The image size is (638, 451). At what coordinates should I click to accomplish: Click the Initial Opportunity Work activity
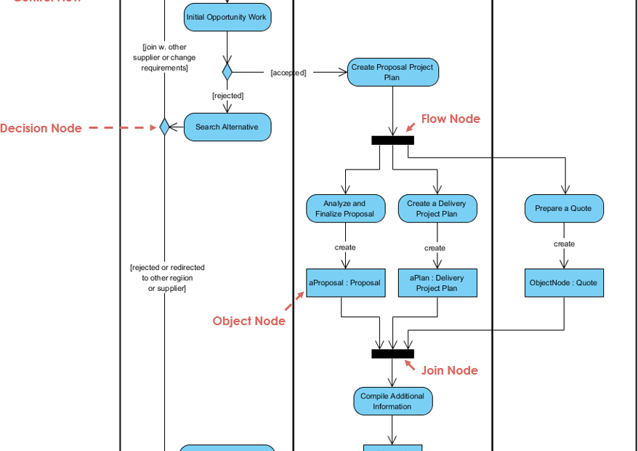227,17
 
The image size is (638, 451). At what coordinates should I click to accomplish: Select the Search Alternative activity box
227,127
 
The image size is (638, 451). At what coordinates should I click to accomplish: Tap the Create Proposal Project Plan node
392,72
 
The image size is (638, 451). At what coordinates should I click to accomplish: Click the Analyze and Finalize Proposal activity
345,209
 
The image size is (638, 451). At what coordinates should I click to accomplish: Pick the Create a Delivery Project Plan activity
437,209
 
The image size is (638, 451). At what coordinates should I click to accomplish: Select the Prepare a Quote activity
564,209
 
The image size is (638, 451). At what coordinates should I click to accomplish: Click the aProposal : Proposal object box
345,282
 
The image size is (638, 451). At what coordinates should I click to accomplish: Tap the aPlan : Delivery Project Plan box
437,282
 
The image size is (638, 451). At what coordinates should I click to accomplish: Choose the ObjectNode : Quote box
564,282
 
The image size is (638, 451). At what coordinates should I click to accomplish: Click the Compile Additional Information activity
392,402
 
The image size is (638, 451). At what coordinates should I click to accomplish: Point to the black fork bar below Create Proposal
392,140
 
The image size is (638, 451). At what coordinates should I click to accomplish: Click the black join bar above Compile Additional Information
392,354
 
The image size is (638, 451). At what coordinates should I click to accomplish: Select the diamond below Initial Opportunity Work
227,72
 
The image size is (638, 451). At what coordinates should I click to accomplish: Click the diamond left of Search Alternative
164,127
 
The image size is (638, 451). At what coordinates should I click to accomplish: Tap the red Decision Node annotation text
41,128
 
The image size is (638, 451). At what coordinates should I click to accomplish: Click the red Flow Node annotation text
451,119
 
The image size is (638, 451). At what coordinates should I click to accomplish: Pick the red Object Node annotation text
249,321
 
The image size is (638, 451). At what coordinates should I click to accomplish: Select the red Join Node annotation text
450,370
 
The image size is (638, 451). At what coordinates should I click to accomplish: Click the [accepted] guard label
288,73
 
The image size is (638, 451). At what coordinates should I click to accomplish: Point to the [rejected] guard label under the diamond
227,95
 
